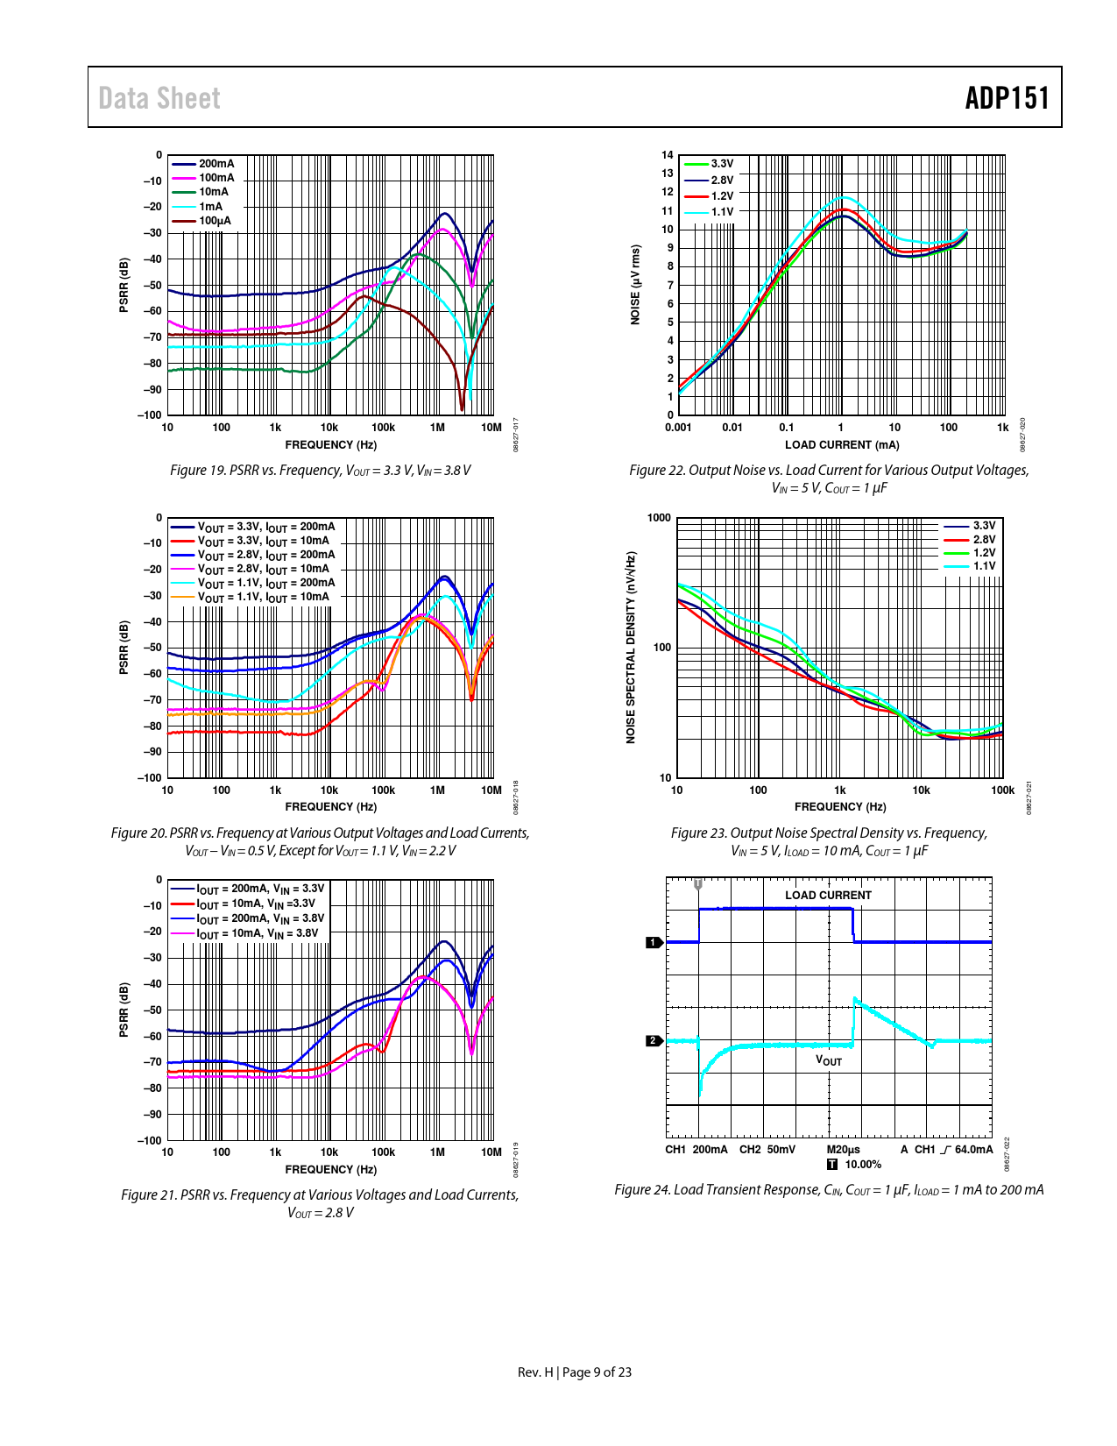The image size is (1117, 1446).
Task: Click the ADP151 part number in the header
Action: click(x=1007, y=98)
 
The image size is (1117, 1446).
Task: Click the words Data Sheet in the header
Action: click(x=159, y=98)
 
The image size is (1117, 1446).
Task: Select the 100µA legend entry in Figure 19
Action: click(x=215, y=221)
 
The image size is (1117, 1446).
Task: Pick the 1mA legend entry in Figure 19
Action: click(x=210, y=207)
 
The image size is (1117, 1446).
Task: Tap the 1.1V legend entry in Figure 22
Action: click(x=722, y=212)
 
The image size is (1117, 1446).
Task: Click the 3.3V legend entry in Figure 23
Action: click(x=984, y=526)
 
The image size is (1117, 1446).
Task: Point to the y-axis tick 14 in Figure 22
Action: click(x=668, y=155)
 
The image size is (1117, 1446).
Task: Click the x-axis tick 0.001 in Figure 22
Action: click(x=678, y=428)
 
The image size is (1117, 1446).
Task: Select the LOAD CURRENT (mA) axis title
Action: click(x=841, y=445)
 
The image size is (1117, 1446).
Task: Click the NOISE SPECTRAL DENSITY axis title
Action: click(x=631, y=648)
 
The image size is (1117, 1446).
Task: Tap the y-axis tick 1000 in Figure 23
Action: click(x=660, y=518)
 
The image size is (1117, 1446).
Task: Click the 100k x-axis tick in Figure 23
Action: click(x=1002, y=790)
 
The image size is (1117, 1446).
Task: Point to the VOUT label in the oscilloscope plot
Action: click(x=829, y=1060)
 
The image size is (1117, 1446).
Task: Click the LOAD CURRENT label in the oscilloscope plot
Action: click(x=828, y=895)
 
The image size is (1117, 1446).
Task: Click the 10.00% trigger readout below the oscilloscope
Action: click(x=863, y=1165)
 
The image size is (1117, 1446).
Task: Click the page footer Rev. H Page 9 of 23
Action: click(x=575, y=1372)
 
